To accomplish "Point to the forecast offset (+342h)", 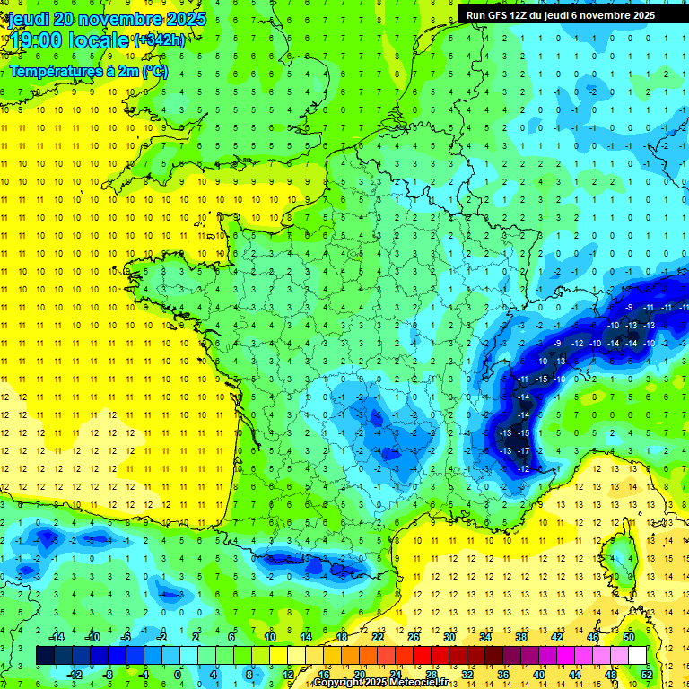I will (160, 40).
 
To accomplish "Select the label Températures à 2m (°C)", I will (89, 71).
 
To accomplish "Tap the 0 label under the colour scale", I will (177, 674).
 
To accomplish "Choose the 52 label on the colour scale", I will (647, 674).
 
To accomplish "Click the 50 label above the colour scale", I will (629, 637).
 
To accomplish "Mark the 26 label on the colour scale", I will (414, 637).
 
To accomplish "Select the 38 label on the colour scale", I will (521, 637).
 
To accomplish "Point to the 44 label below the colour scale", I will (575, 674).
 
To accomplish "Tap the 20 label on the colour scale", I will (360, 674).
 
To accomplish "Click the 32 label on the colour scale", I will (467, 674).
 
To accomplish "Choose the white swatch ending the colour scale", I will (637, 656).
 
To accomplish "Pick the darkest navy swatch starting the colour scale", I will (45, 656).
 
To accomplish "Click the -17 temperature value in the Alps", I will (523, 450).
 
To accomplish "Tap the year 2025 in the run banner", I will (641, 15).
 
